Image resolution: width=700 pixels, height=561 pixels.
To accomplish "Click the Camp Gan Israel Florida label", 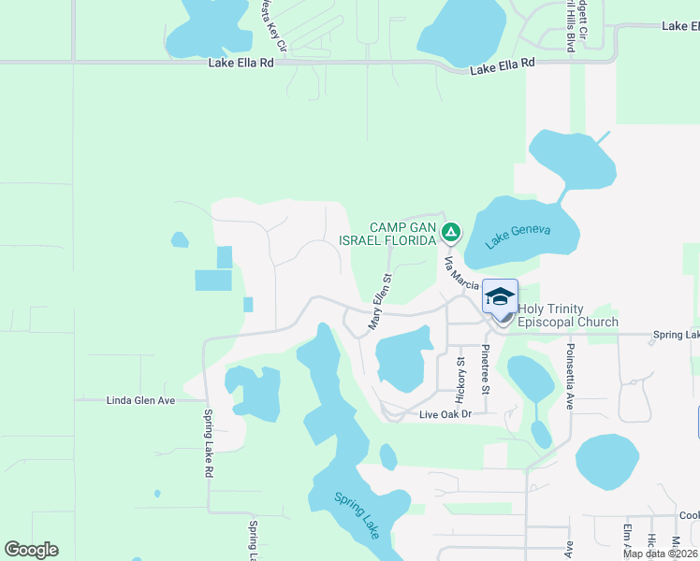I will pyautogui.click(x=403, y=235).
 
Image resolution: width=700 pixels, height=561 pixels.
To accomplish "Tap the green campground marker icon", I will pyautogui.click(x=451, y=230).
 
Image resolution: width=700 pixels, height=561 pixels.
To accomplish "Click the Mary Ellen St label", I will pyautogui.click(x=379, y=301).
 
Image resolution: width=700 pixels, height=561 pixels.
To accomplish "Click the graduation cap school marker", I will pyautogui.click(x=501, y=297).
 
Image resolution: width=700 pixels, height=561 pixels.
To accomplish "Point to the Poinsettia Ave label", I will pyautogui.click(x=569, y=376).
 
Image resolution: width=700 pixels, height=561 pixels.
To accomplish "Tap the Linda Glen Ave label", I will pyautogui.click(x=140, y=400).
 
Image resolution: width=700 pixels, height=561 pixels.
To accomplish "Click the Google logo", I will pyautogui.click(x=31, y=549).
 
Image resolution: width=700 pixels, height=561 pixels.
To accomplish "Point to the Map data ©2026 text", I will pyautogui.click(x=661, y=554).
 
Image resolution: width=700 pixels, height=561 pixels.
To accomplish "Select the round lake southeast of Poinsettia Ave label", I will pyautogui.click(x=606, y=462).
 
